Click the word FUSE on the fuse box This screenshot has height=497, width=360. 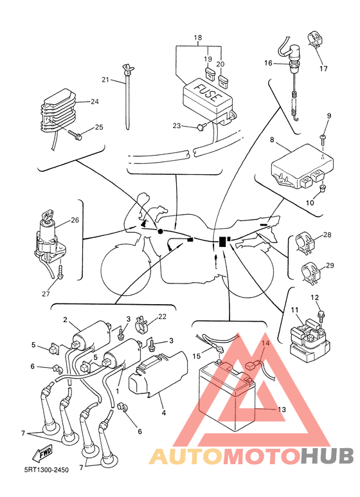coord(206,92)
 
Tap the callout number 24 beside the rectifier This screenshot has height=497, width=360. coord(94,102)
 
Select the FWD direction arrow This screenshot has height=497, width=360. coord(42,453)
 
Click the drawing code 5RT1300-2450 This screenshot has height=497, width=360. coord(46,470)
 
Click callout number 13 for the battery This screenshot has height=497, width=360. coord(282,410)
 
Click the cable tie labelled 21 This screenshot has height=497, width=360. coord(128,96)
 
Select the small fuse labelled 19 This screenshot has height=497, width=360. coord(210,73)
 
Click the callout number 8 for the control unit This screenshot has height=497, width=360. coord(272,140)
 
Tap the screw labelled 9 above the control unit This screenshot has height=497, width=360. coord(323,140)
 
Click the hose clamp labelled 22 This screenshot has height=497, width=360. coord(141,324)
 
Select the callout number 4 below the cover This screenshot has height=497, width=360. coord(163,413)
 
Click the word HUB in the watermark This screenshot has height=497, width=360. coord(327,455)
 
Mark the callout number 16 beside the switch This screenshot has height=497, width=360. coord(268,63)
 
